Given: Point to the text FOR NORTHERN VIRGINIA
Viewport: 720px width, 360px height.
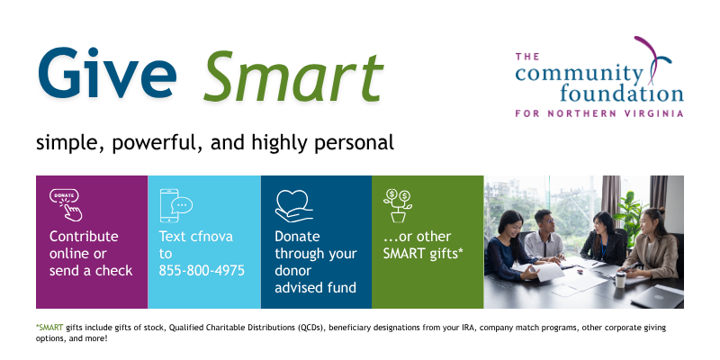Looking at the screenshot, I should [x=598, y=114].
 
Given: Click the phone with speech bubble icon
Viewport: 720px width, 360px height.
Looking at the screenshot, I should [x=175, y=205].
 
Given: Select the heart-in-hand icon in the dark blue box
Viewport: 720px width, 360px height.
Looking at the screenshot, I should [x=293, y=205].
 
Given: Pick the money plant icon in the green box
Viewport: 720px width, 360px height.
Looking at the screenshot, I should [x=397, y=205].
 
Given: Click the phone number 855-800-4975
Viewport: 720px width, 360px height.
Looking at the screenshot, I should [x=202, y=270].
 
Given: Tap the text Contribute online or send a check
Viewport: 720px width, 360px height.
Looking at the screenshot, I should [x=90, y=253].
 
